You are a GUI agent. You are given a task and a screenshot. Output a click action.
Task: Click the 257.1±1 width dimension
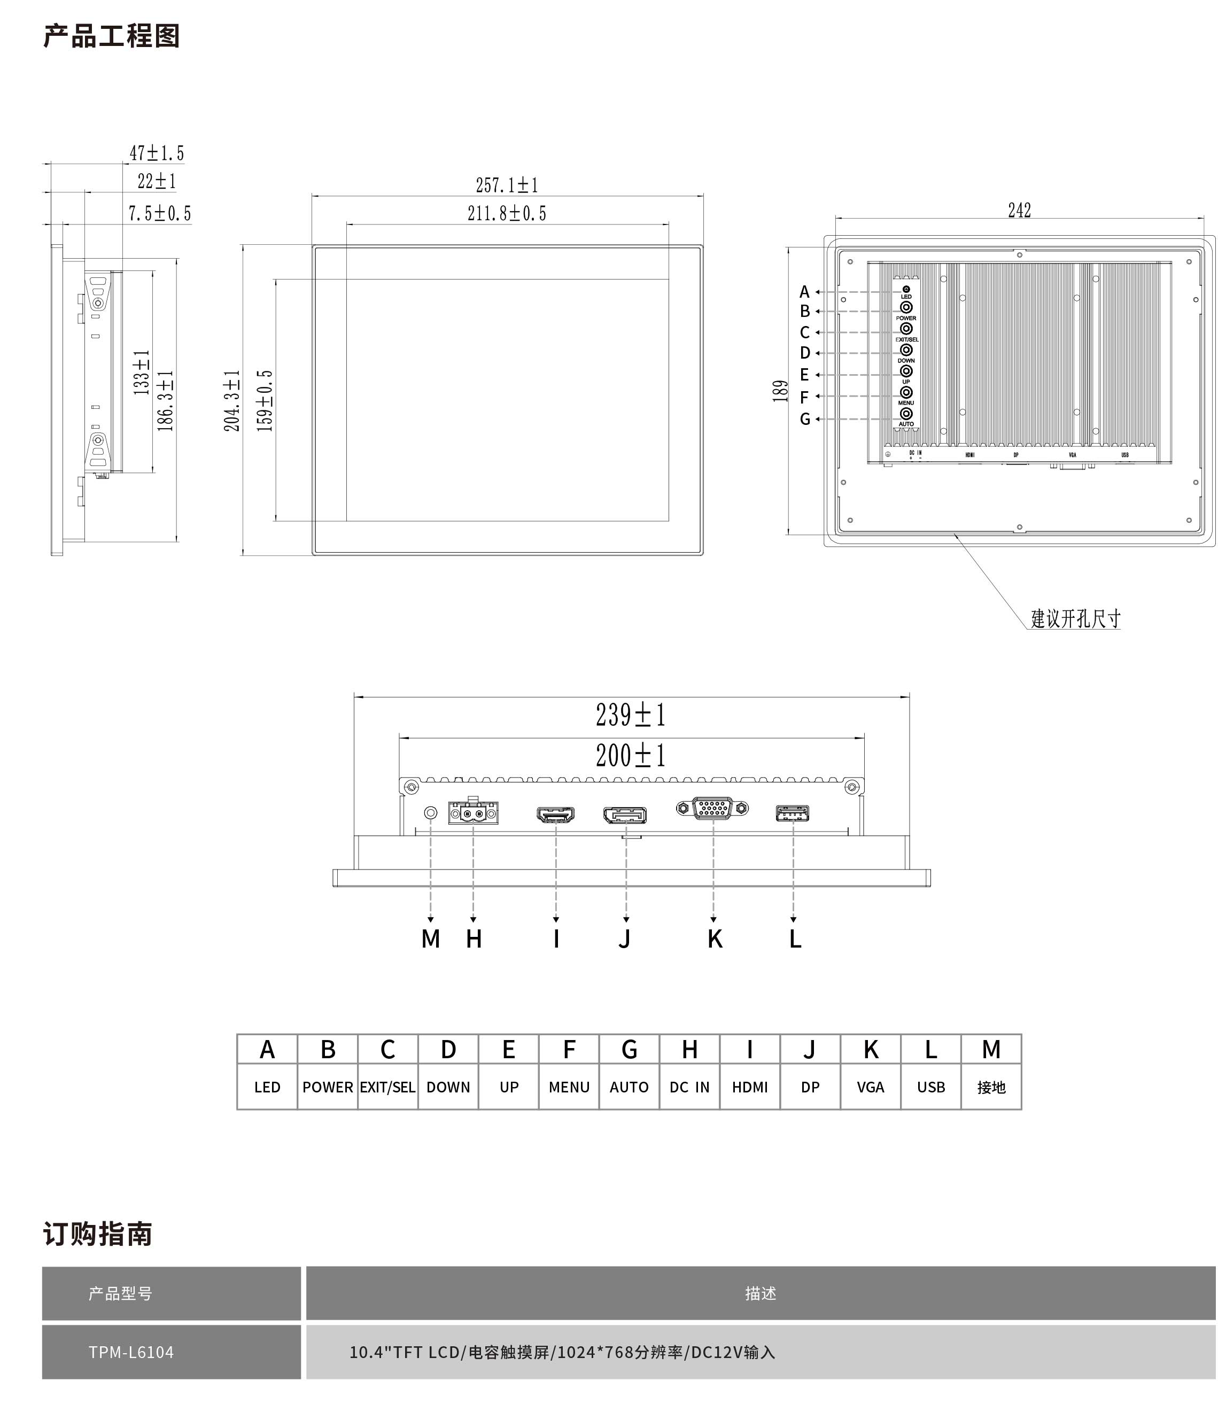point(507,185)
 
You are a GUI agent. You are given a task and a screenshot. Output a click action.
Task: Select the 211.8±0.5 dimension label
point(507,213)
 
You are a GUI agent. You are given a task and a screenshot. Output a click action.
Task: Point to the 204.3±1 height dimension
point(232,400)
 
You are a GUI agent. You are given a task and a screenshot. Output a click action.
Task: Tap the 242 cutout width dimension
point(1020,211)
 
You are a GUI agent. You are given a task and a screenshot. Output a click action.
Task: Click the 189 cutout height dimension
point(781,391)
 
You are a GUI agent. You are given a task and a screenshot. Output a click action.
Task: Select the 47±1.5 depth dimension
point(157,153)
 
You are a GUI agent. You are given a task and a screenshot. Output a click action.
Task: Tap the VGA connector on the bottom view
point(712,808)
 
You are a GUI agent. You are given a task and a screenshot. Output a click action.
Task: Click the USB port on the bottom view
point(793,813)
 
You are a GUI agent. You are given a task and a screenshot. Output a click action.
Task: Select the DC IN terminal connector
point(473,813)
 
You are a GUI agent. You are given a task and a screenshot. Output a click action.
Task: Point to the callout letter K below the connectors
point(715,938)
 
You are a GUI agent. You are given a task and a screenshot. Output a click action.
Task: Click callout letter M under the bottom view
point(431,938)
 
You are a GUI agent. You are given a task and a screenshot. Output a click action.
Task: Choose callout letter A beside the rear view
point(804,292)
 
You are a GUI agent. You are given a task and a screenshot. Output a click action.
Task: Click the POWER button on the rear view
point(906,307)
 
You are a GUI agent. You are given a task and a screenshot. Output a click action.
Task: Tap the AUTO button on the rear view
point(906,413)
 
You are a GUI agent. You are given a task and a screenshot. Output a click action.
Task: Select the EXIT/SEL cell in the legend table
point(387,1087)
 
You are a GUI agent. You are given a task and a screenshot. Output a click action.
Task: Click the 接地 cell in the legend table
point(991,1087)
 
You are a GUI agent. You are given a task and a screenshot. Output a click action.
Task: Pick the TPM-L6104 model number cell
point(131,1352)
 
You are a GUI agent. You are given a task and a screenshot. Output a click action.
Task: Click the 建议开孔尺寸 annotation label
point(1075,619)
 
